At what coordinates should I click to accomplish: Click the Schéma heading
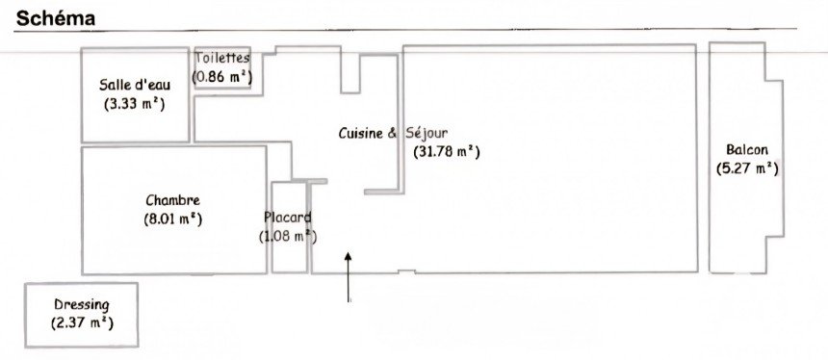point(56,18)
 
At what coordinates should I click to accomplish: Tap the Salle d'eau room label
point(135,85)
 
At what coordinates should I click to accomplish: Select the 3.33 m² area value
point(135,104)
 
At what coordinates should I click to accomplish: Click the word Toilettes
point(221,58)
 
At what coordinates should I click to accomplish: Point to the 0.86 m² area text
point(221,77)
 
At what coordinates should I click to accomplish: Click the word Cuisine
point(360,133)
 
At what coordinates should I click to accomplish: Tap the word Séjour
point(427,133)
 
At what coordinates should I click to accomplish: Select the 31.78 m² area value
point(446,152)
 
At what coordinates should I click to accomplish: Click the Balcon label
point(747,150)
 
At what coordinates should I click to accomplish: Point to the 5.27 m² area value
point(747,168)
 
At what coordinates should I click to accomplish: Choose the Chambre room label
point(172,200)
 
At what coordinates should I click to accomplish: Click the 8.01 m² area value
point(172,219)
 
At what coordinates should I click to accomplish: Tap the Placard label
point(288,217)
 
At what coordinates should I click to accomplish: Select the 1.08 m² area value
point(288,237)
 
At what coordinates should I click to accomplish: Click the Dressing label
point(82,305)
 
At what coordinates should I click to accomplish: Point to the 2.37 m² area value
point(82,323)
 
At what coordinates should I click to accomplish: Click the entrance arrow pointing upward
point(348,277)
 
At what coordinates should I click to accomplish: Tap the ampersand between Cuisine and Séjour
point(393,133)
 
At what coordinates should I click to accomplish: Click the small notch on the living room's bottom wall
point(406,271)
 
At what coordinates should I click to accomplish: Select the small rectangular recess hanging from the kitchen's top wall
point(350,74)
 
